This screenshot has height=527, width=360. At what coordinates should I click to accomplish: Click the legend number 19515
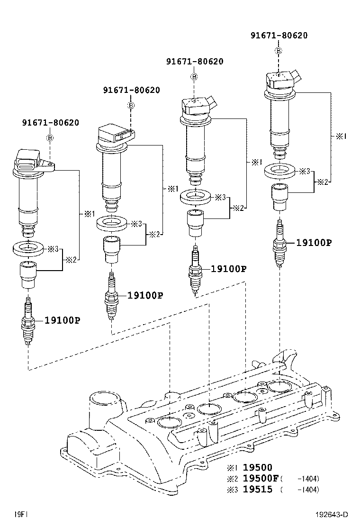click(258, 490)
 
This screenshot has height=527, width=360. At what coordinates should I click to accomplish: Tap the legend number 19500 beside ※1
click(258, 467)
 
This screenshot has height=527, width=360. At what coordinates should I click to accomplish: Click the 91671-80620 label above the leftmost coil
click(50, 122)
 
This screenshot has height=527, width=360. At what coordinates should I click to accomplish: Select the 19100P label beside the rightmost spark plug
click(314, 243)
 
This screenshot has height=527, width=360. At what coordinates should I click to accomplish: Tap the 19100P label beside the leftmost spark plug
click(62, 320)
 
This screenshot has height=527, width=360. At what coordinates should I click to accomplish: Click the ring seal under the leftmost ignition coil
click(29, 247)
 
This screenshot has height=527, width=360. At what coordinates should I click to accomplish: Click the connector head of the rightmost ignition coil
click(282, 80)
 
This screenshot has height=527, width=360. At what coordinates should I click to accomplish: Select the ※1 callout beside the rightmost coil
click(341, 136)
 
